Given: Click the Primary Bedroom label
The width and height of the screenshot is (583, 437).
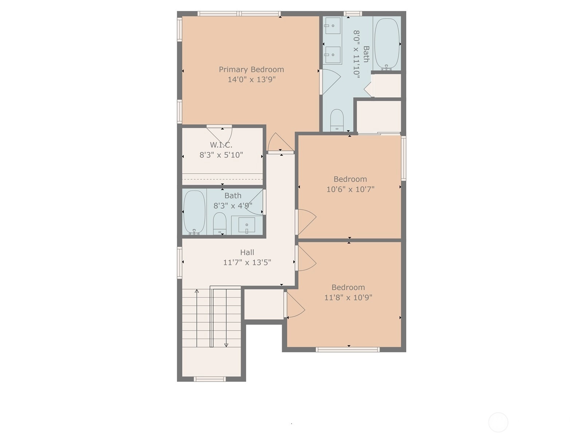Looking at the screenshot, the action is tap(251, 70).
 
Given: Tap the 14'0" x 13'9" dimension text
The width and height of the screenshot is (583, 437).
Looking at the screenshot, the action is tap(251, 79).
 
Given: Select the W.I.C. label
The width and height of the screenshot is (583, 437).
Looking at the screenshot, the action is tap(221, 145).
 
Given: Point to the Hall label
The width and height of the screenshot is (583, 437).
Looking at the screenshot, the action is tap(247, 252).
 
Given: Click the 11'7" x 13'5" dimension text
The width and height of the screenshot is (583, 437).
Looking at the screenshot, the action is tap(247, 263).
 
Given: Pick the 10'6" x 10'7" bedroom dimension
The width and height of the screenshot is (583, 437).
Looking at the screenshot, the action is tap(350, 189).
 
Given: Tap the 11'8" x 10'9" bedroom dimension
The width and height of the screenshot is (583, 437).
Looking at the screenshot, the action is tap(348, 298).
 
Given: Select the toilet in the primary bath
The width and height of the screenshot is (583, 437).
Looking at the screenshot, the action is tap(337, 120).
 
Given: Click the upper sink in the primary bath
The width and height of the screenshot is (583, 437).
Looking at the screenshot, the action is tap(333, 26).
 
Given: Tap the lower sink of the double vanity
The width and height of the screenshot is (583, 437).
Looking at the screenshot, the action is tap(333, 55).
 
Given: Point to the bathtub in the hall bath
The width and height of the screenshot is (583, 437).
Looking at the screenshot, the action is tap(195, 213).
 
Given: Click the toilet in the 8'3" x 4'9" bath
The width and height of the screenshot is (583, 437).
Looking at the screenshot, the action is tap(220, 223).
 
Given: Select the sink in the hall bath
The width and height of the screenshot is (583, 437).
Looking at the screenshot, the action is tap(247, 225).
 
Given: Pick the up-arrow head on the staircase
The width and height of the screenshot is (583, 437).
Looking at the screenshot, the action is tap(196, 291).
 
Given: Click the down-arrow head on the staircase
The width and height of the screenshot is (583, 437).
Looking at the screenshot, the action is tap(226, 345).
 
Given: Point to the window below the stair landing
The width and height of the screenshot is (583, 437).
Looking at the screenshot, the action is tap(210, 379).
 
